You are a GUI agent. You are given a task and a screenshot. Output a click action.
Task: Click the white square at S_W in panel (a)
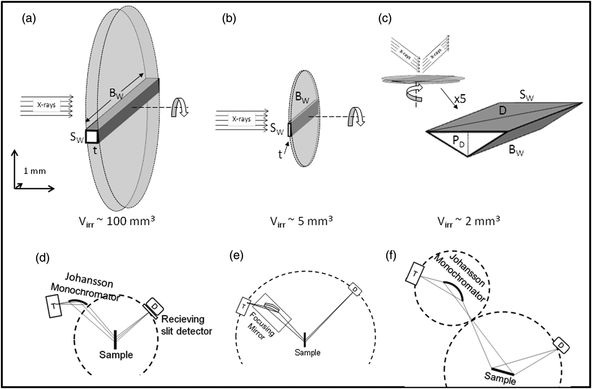92,136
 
